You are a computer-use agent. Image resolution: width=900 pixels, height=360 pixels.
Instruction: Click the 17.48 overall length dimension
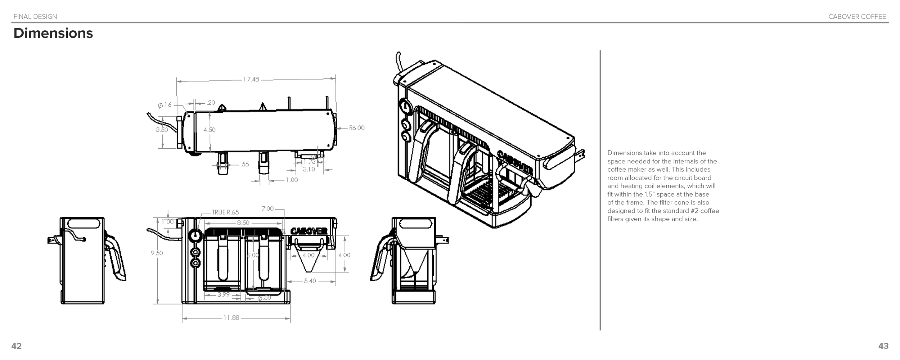pos(251,79)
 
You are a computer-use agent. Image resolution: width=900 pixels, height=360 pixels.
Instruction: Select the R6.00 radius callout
pos(356,128)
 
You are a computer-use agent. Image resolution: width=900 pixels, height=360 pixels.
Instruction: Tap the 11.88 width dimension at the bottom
pos(231,318)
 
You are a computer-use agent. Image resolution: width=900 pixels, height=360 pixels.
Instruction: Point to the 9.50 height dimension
pos(157,253)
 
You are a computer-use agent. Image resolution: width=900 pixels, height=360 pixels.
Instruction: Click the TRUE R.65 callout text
pos(225,212)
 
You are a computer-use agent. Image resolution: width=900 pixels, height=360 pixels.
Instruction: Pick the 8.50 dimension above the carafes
pos(243,223)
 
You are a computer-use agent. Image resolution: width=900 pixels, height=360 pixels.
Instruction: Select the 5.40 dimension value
pos(310,281)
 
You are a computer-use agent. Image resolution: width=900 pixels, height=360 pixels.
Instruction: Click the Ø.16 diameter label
pos(165,105)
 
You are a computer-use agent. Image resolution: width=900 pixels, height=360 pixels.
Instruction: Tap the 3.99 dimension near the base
pos(223,294)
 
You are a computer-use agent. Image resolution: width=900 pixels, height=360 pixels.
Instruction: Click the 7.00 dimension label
pos(267,209)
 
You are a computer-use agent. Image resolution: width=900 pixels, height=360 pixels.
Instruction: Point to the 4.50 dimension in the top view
pos(209,130)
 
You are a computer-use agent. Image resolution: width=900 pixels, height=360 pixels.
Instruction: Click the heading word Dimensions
pos(53,33)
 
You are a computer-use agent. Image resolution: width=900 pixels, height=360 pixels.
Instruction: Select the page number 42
pos(17,346)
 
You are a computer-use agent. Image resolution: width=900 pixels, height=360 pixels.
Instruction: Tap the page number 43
pos(883,346)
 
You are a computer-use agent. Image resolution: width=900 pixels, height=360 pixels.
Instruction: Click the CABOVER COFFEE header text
pos(857,17)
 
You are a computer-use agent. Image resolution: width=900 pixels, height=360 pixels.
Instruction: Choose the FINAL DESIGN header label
pos(35,17)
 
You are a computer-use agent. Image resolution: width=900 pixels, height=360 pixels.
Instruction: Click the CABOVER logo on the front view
pos(309,231)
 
